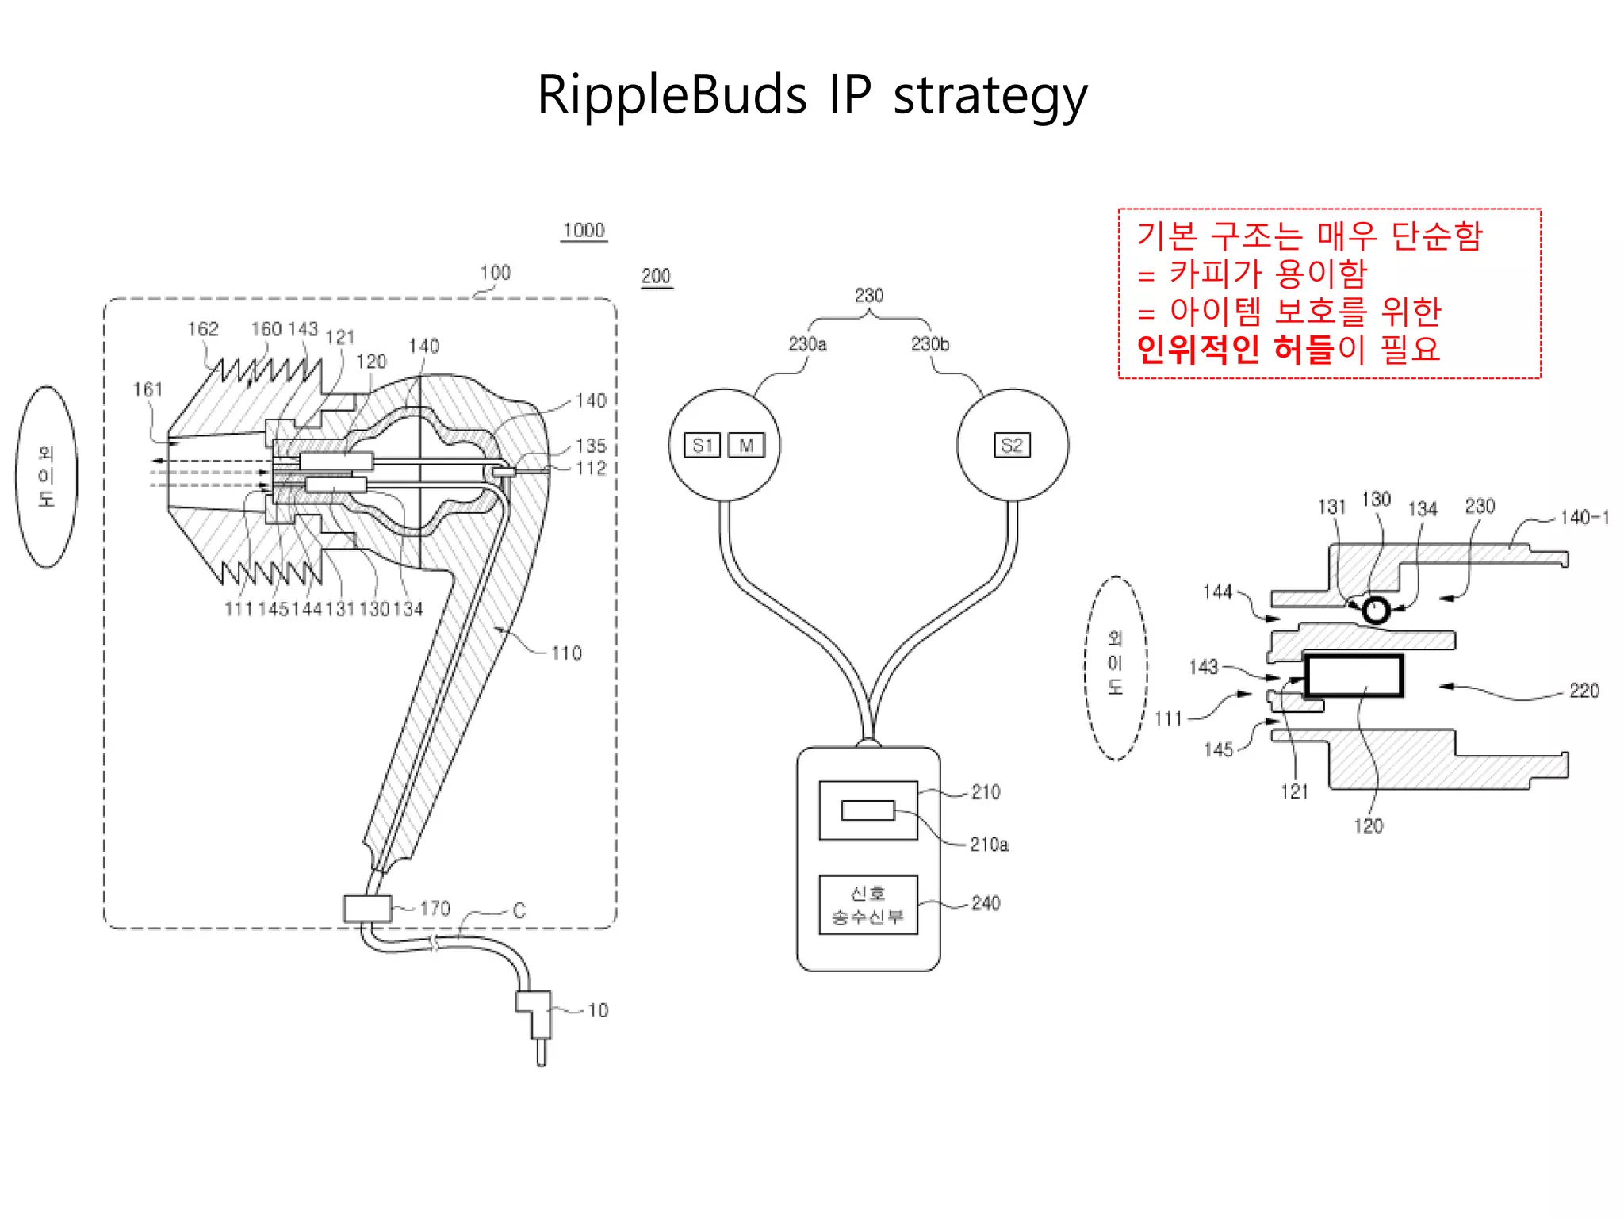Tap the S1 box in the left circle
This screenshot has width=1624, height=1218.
pos(702,445)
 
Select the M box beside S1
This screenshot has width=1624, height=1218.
pos(746,445)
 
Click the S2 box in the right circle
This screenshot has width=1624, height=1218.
pos(1012,445)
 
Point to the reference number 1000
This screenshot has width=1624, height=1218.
pos(584,231)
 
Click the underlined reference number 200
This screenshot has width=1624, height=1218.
pos(656,276)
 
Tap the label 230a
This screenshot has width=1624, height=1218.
pos(807,344)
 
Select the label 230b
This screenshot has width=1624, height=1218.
pos(929,344)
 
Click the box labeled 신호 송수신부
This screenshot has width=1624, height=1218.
pos(868,905)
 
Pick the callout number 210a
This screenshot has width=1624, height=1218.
pos(989,845)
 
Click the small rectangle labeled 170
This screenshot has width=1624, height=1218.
pos(367,908)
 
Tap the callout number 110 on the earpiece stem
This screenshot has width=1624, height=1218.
pos(566,653)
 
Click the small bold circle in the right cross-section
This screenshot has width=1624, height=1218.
pos(1376,610)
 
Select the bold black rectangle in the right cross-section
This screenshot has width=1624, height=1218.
pos(1354,676)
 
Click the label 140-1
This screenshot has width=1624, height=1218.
pos(1584,518)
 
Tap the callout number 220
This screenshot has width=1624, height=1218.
pos(1584,691)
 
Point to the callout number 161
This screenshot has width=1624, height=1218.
pos(147,389)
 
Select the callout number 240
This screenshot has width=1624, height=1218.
pos(986,903)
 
